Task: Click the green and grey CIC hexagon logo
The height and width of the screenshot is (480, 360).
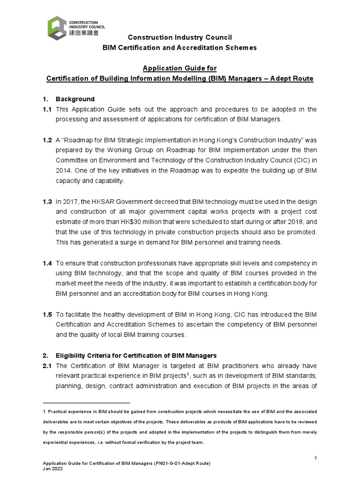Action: (x=57, y=28)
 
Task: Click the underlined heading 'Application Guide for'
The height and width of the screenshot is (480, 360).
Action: (x=180, y=68)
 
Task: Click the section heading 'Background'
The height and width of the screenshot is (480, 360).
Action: (x=75, y=99)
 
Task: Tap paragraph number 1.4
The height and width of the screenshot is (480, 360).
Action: (x=47, y=263)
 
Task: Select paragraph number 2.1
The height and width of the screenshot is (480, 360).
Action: (x=47, y=366)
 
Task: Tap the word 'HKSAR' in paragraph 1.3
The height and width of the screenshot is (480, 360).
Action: (x=98, y=202)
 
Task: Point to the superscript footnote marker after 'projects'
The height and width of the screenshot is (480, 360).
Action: (x=187, y=374)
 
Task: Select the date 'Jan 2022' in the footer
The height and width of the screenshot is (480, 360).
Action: (x=53, y=469)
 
